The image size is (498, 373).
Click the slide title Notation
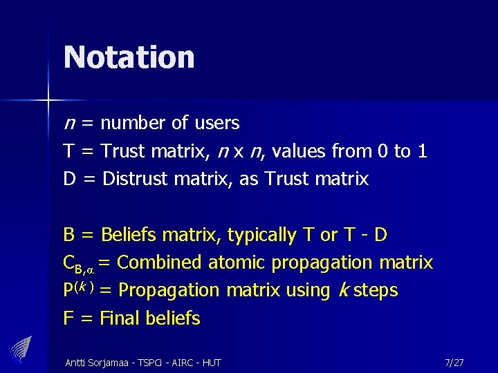[x=129, y=57]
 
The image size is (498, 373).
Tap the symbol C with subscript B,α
[x=77, y=264]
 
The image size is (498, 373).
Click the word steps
[x=375, y=290]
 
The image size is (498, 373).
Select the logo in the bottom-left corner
[x=22, y=347]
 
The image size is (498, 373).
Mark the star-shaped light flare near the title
[x=48, y=102]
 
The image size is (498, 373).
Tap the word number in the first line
[x=133, y=124]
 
